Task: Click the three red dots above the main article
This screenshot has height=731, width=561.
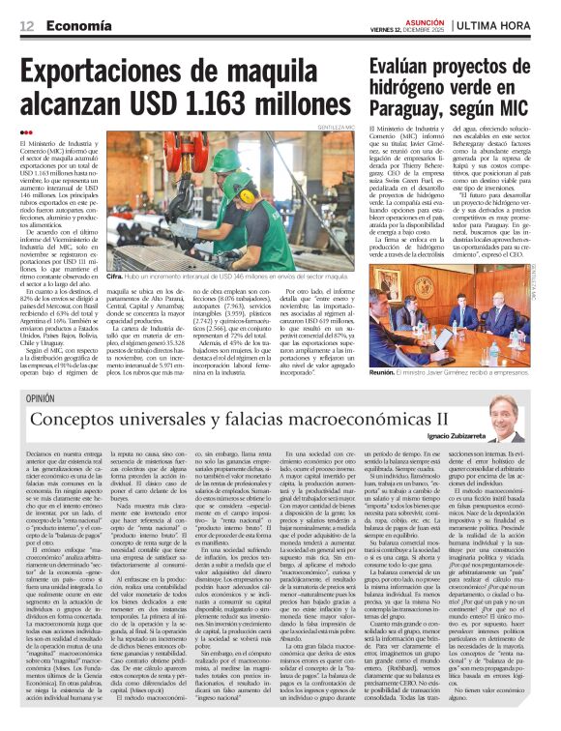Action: [25, 133]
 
